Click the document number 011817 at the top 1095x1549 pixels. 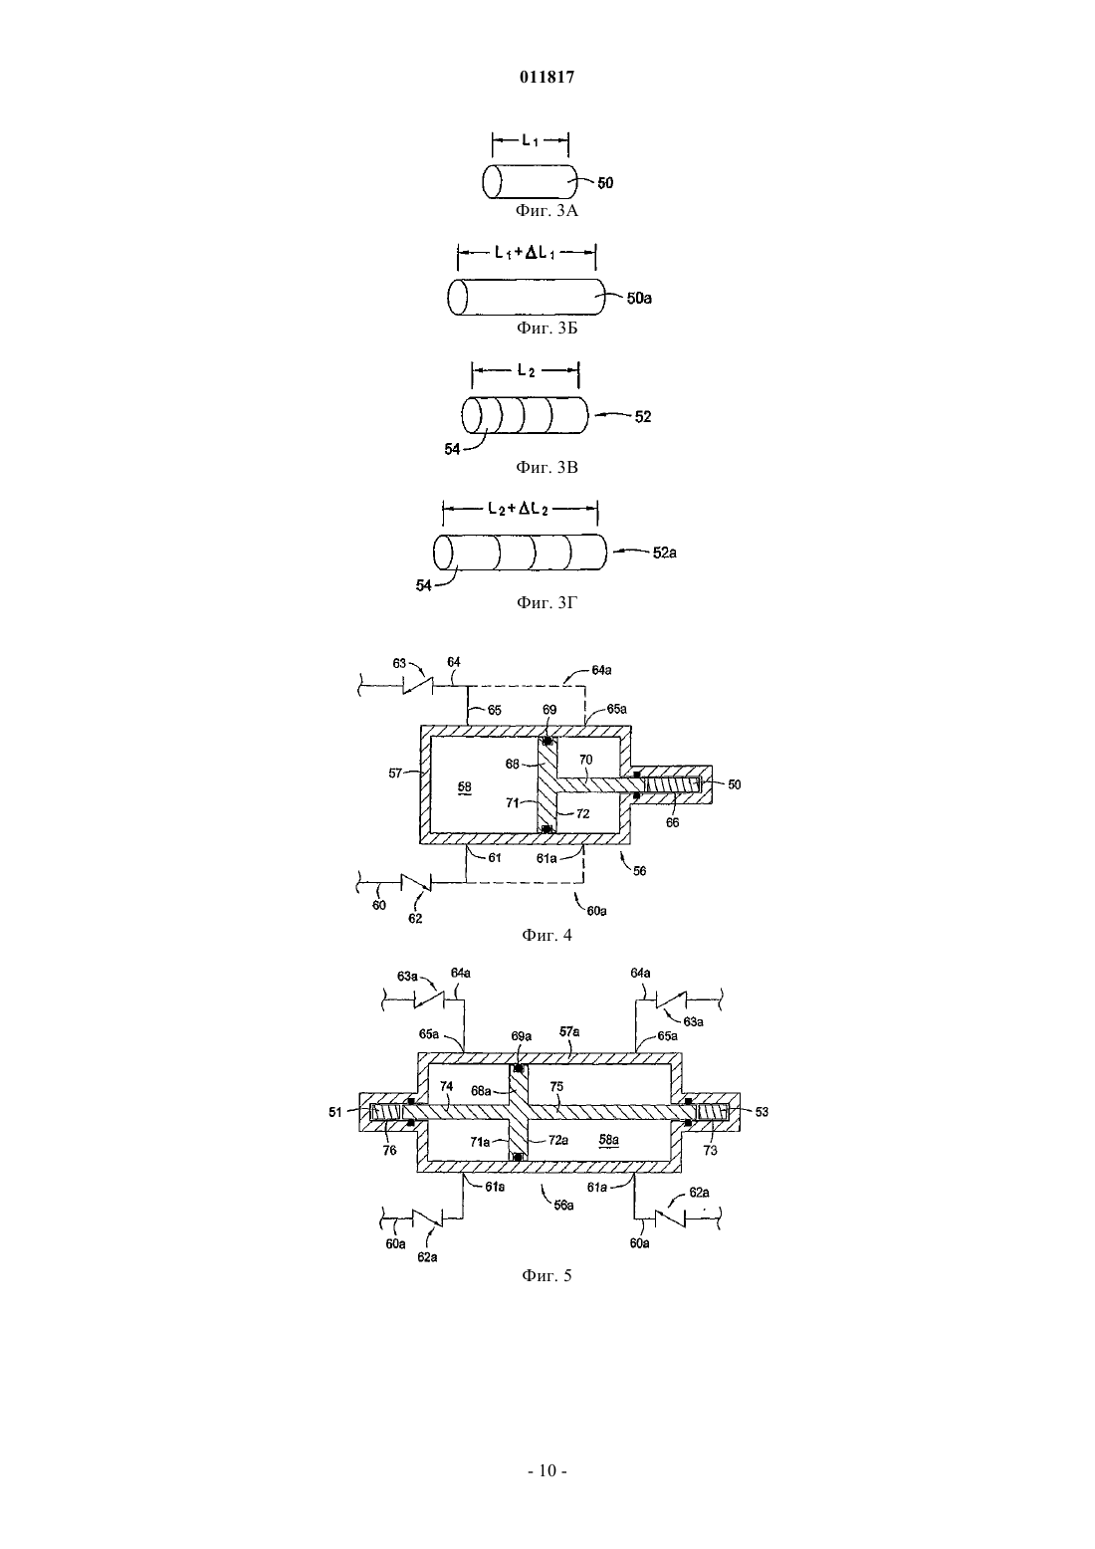click(x=547, y=78)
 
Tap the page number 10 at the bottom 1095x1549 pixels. click(x=547, y=1469)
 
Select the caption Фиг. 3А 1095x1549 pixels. click(x=547, y=210)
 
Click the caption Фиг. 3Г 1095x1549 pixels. click(x=547, y=602)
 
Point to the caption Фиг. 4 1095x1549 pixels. click(x=547, y=935)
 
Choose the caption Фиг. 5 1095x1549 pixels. click(x=547, y=1275)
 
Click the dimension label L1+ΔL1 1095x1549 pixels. click(x=525, y=253)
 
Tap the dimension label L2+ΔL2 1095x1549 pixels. click(x=518, y=509)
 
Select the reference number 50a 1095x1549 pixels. click(x=639, y=298)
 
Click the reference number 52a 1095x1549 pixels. click(x=664, y=553)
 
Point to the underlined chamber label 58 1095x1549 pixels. click(x=465, y=787)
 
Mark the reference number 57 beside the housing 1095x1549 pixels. click(x=395, y=774)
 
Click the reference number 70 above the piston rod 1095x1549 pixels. click(x=585, y=760)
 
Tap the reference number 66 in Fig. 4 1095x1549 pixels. click(x=672, y=822)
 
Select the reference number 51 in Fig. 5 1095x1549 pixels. click(x=335, y=1112)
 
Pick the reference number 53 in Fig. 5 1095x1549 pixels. click(x=762, y=1112)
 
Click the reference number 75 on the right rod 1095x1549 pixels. click(x=556, y=1086)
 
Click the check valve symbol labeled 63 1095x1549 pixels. click(x=419, y=686)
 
